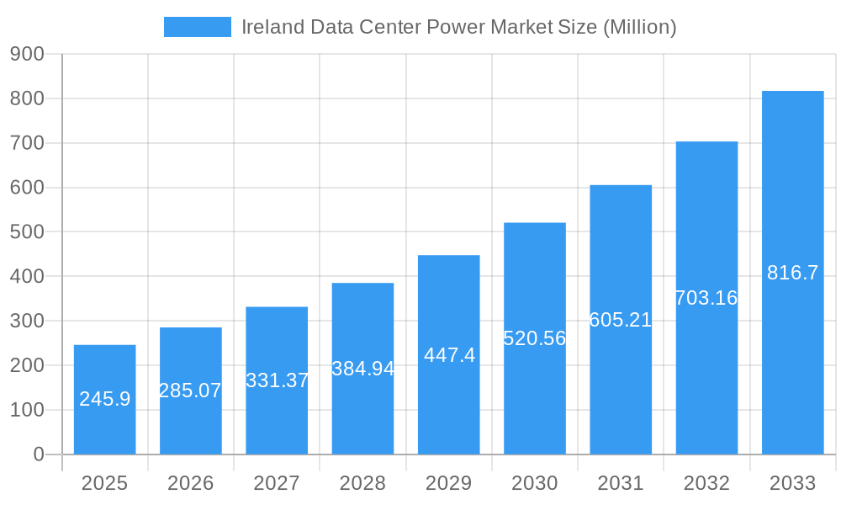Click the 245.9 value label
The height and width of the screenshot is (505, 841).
(x=105, y=399)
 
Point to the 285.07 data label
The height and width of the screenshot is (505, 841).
(x=191, y=391)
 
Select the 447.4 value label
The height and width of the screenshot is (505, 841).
(x=449, y=355)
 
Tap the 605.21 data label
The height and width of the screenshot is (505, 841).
(x=621, y=320)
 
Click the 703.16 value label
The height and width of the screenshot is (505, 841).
(x=706, y=298)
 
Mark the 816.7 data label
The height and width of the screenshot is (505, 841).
(x=792, y=273)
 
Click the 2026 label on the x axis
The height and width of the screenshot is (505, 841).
(x=191, y=483)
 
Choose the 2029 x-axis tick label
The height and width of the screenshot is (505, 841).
(x=449, y=483)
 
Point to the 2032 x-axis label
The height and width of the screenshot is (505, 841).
(x=706, y=483)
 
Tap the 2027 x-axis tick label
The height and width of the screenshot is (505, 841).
(x=277, y=483)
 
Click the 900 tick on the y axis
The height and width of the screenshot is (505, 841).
(x=27, y=54)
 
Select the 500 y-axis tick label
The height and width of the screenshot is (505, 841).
(x=27, y=231)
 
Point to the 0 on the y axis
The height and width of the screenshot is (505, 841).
(x=38, y=454)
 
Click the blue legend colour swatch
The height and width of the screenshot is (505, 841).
(x=197, y=27)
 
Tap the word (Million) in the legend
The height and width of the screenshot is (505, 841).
(x=639, y=27)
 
